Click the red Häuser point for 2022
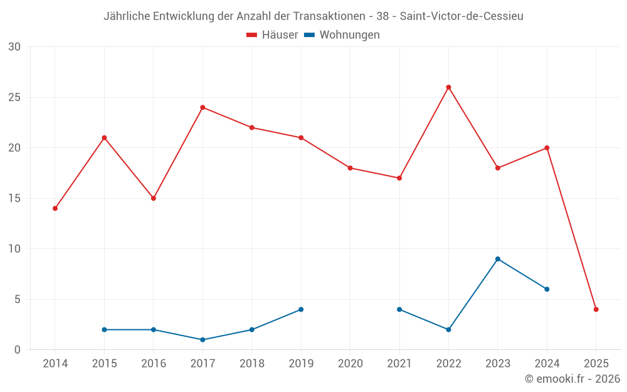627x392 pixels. [x=448, y=87]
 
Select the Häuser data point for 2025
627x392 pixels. [x=596, y=309]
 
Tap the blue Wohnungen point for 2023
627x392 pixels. [x=497, y=259]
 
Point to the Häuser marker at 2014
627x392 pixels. [x=55, y=208]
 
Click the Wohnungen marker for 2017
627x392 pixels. [x=203, y=339]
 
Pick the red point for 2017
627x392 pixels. [x=203, y=107]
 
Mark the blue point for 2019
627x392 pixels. [x=301, y=309]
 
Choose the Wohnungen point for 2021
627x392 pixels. [x=399, y=309]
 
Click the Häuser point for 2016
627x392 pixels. [x=154, y=198]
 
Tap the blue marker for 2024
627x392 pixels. [x=547, y=289]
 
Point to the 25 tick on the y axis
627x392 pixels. [x=14, y=97]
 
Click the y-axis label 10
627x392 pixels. [x=14, y=249]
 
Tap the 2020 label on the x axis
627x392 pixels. [x=350, y=364]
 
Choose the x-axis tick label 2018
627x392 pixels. [x=252, y=364]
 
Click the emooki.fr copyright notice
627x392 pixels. [x=572, y=379]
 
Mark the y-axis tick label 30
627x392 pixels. [x=14, y=47]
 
